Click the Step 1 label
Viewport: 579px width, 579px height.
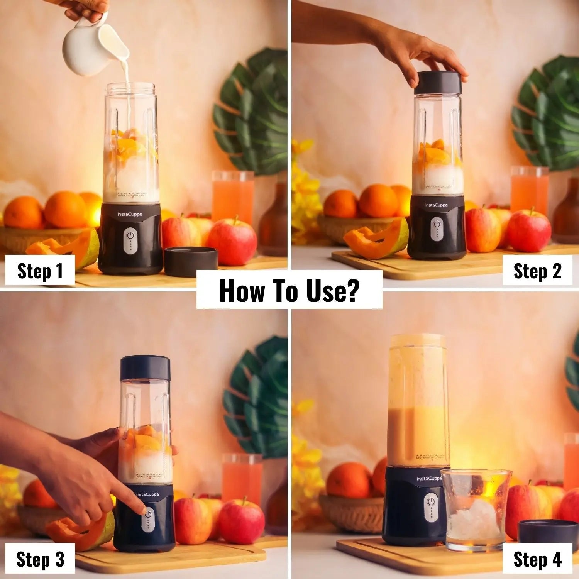(x=40, y=271)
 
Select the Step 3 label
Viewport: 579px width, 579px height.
(x=40, y=559)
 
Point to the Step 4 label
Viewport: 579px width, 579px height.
(x=537, y=559)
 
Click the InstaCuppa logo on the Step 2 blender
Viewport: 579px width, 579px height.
(x=437, y=205)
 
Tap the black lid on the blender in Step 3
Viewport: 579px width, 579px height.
(x=145, y=368)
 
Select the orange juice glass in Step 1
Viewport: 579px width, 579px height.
(x=233, y=197)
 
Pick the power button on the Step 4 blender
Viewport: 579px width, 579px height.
(x=431, y=502)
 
